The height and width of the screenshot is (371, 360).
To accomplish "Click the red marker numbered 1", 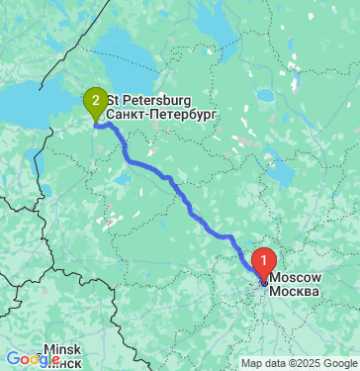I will tap(264, 263).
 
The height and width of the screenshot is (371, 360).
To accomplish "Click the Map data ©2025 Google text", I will tap(300, 363).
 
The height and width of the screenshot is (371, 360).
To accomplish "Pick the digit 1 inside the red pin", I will tap(264, 260).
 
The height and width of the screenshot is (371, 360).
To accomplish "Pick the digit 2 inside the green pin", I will tap(95, 98).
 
